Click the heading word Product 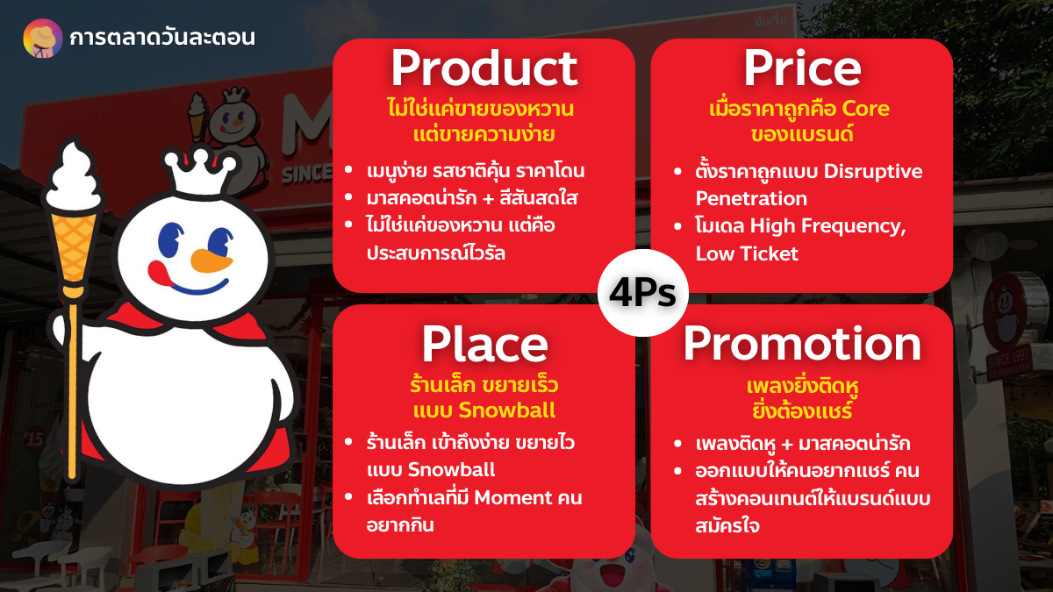point(484,69)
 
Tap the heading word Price point(802,68)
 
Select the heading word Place point(484,345)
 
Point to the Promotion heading point(802,345)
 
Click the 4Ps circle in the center point(642,293)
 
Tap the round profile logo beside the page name point(43,38)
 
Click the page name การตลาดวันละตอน point(162,38)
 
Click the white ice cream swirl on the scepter point(74,177)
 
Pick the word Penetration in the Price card point(751,198)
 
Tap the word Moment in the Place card point(512,497)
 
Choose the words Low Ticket point(747,253)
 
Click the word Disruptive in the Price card point(873,172)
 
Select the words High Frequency point(827,226)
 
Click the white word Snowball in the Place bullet point(451,470)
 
